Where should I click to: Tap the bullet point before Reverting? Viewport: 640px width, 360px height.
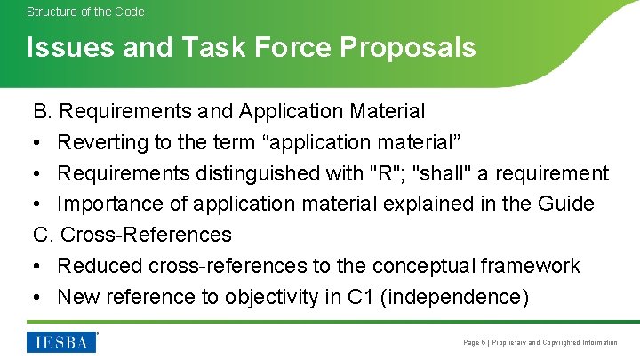[38, 142]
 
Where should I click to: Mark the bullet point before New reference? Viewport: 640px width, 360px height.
[38, 297]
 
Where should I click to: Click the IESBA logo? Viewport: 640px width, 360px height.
[61, 341]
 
